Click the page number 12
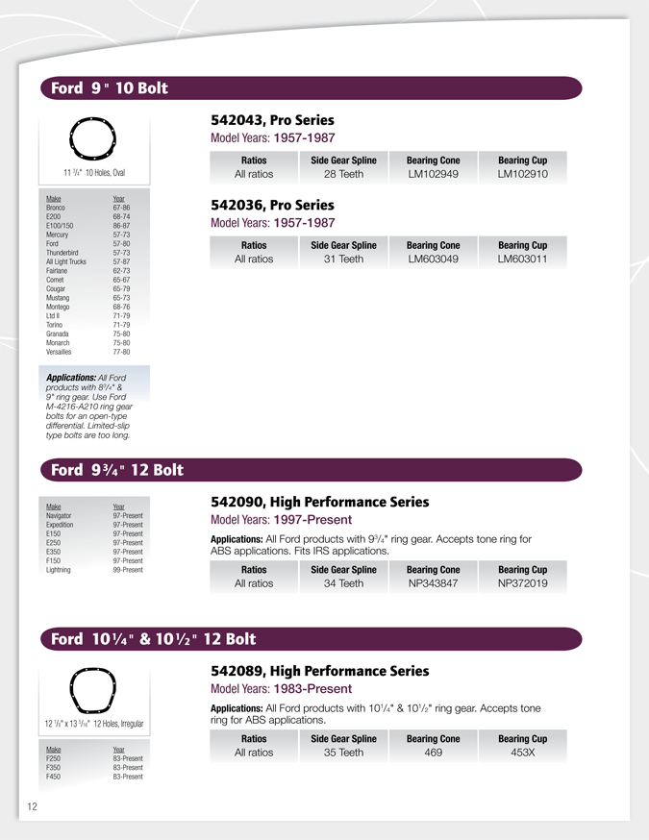(x=32, y=806)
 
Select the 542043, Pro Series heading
(x=272, y=121)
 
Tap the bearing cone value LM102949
(x=433, y=175)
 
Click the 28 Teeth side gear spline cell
(x=343, y=175)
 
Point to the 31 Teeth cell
(x=343, y=259)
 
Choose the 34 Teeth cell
(x=343, y=583)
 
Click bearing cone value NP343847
(x=433, y=583)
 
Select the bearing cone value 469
(x=433, y=753)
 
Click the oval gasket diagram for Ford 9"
(x=93, y=140)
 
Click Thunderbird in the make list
(x=62, y=253)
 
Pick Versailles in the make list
(x=59, y=352)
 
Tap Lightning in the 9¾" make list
(x=60, y=570)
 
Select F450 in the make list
(x=53, y=777)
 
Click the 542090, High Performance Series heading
(x=319, y=502)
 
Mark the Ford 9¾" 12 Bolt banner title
(x=116, y=470)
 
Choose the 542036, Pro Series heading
(x=272, y=206)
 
